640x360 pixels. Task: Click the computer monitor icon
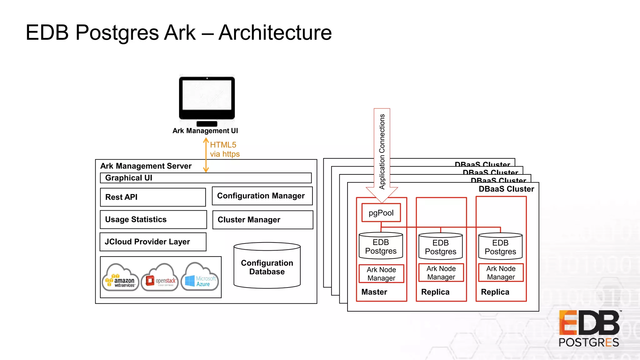coord(207,100)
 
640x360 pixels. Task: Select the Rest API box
coord(153,197)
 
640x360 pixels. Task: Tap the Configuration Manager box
coord(262,196)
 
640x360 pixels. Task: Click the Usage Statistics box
coord(153,219)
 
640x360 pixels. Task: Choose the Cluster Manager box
coord(262,220)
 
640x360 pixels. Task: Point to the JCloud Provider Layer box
coord(153,242)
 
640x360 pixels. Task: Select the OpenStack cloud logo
coord(160,278)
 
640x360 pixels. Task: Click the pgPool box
coord(381,213)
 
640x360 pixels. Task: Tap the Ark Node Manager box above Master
coord(381,274)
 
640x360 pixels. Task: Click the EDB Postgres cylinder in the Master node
coord(381,246)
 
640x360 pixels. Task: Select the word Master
coord(374,292)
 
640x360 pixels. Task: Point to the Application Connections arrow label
coord(382,152)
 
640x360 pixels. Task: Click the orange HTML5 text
coord(223,145)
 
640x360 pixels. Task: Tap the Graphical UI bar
coord(206,178)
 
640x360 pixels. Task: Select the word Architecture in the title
coord(275,32)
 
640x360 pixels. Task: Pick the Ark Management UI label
coord(205,131)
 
